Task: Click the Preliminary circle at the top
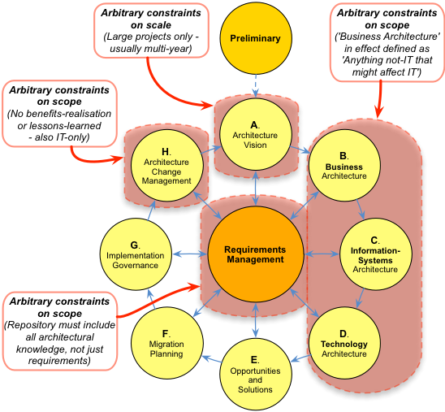[256, 38]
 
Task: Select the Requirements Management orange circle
[256, 254]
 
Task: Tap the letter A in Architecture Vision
[253, 125]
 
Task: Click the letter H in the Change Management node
[165, 152]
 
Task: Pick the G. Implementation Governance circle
[136, 254]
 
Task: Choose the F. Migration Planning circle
[167, 343]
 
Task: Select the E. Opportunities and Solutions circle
[256, 375]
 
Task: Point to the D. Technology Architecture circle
[344, 343]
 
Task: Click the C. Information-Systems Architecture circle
[375, 254]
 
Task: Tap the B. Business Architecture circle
[344, 166]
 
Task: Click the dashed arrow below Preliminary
[256, 85]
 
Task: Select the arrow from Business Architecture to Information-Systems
[361, 209]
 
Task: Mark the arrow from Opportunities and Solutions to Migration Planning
[212, 359]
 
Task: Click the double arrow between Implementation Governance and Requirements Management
[189, 254]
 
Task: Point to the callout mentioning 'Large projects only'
[151, 31]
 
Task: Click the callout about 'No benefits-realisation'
[59, 114]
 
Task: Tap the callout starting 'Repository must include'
[60, 331]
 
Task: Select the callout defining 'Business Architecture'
[387, 42]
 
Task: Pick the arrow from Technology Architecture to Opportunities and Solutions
[301, 358]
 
